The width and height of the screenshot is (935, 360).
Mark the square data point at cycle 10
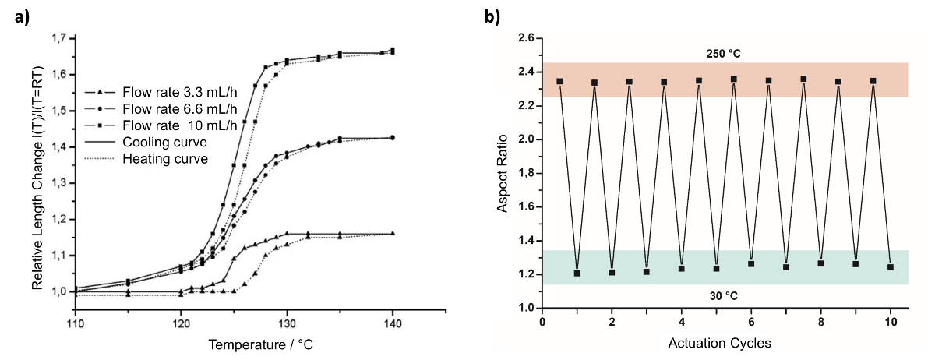click(x=891, y=267)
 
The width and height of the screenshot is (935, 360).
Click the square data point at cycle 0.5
click(x=559, y=81)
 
